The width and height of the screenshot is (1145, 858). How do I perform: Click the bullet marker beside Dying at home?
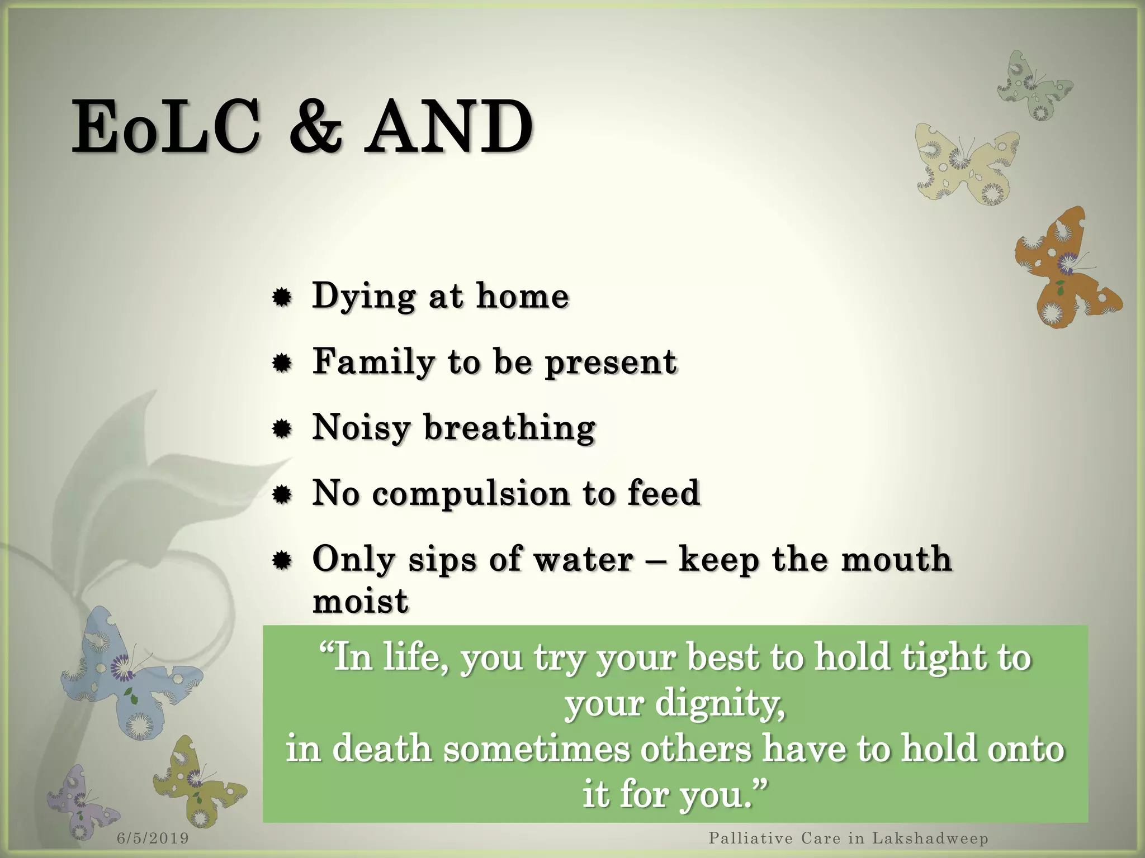click(x=282, y=298)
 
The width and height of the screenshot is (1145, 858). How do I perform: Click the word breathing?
click(x=509, y=428)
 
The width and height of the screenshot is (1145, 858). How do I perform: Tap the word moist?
click(x=361, y=602)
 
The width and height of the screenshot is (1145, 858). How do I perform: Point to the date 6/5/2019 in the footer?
click(x=153, y=838)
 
